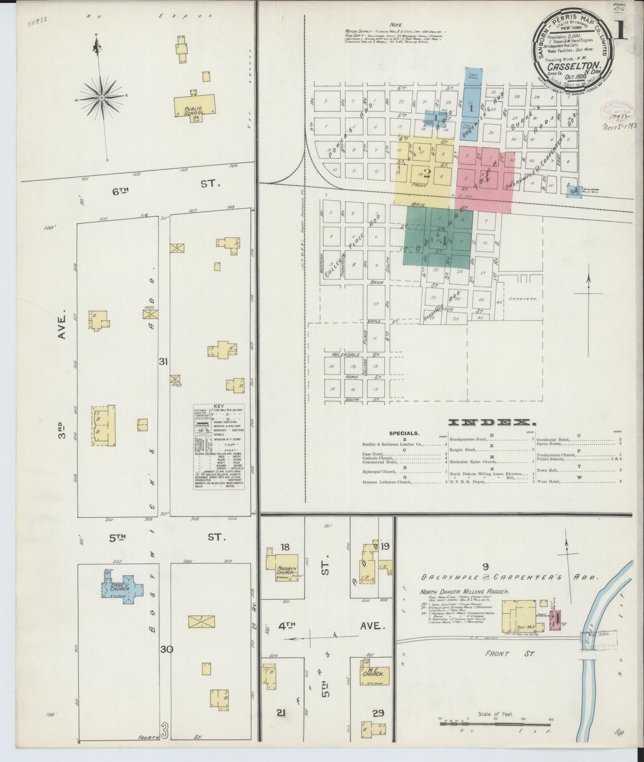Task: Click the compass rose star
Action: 102,98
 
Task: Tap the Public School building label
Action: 194,111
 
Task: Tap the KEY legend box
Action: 219,447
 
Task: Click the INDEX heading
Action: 492,422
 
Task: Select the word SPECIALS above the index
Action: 404,433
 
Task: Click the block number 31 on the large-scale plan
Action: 163,362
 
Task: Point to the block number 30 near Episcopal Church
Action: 167,649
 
